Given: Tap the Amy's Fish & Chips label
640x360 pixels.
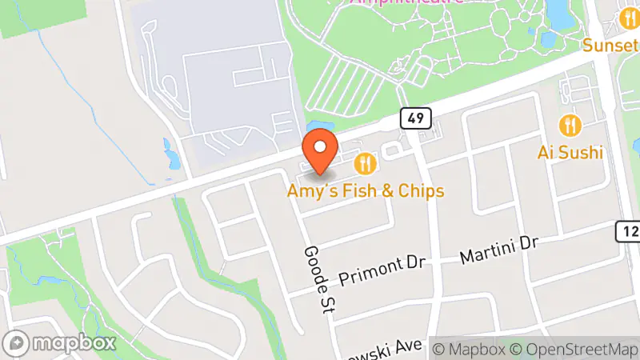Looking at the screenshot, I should pos(366,192).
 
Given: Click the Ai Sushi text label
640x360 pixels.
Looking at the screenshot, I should pos(570,152).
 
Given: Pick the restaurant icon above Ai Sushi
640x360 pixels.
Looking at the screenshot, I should pos(570,125).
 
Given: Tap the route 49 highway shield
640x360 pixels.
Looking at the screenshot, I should pos(416,118).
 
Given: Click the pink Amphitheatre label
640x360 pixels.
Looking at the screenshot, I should pos(406,2).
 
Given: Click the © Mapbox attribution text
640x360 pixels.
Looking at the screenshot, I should pos(467,349).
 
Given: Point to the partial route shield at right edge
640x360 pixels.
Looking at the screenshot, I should pos(630,231).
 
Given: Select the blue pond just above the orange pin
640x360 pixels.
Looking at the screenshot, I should pos(314,127).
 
